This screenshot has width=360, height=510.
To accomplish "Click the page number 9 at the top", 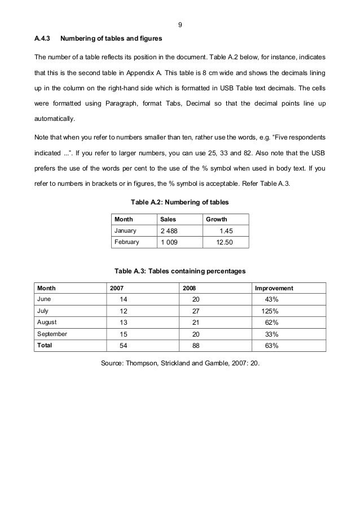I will tap(179, 25).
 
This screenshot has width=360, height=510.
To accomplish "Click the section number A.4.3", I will tap(43, 39).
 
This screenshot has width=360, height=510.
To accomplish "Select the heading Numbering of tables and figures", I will tap(111, 39).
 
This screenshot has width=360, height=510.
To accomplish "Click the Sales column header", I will tap(168, 219).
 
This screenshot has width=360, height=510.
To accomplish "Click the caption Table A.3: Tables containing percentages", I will tap(179, 272).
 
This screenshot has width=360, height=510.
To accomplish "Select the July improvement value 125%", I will tap(269, 311).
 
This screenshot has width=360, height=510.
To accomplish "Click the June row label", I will tap(43, 299).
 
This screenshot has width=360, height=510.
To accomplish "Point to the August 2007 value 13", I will tap(124, 322).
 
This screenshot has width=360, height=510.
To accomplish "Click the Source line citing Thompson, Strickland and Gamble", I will tap(179, 364).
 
